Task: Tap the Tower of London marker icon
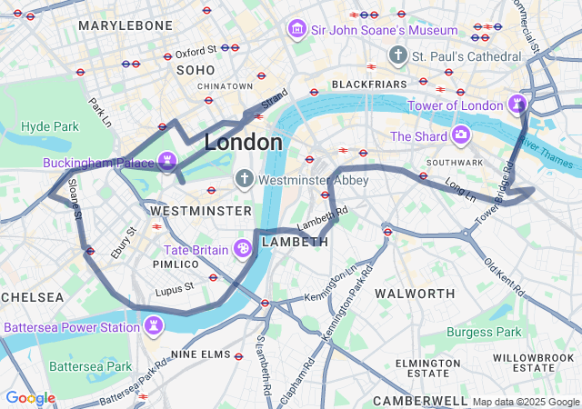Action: coord(517,104)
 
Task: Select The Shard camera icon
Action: coord(461,135)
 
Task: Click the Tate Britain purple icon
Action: coord(243,248)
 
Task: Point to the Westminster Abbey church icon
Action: coord(245,179)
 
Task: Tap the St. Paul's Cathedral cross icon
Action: coord(396,56)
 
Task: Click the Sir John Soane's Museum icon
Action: coord(296,30)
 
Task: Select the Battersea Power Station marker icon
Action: coord(156,325)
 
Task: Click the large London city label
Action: coord(243,143)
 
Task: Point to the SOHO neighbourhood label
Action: coord(196,70)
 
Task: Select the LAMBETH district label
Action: coord(295,243)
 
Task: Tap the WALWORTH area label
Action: coord(415,294)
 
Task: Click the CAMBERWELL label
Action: coord(419,400)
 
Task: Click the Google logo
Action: coord(30,398)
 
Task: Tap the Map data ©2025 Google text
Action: coord(525,402)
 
